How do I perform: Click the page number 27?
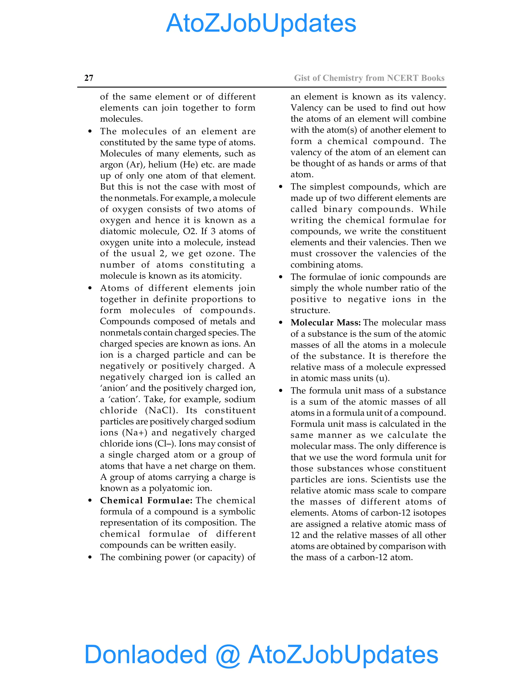click(x=89, y=78)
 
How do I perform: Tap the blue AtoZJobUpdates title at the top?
click(x=261, y=23)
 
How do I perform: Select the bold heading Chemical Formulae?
click(x=146, y=500)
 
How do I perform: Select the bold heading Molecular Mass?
click(x=325, y=323)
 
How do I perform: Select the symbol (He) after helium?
click(x=189, y=165)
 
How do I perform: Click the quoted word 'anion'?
click(x=114, y=388)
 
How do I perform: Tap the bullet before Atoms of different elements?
click(x=90, y=288)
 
